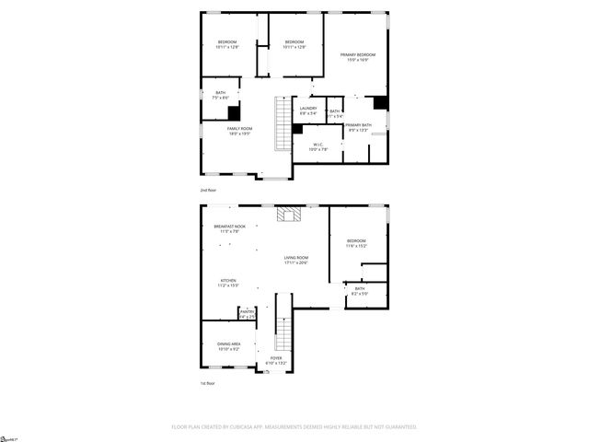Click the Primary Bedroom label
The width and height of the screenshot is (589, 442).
tap(358, 57)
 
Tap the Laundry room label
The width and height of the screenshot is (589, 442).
tap(308, 110)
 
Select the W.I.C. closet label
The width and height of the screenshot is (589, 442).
tap(317, 146)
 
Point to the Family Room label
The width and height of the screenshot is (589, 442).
tap(239, 131)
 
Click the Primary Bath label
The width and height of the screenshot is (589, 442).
tap(359, 127)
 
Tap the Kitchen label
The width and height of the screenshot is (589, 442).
tap(227, 283)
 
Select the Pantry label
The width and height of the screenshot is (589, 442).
tap(247, 313)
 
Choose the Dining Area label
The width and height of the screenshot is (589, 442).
tap(228, 347)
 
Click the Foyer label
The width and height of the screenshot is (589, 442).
tap(276, 360)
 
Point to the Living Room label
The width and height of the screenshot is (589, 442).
tap(295, 260)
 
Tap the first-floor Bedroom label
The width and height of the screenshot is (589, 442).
tap(356, 243)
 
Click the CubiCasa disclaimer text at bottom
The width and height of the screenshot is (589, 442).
tap(294, 427)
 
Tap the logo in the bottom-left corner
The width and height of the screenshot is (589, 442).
tap(10, 436)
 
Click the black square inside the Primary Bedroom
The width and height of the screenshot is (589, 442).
tap(380, 100)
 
